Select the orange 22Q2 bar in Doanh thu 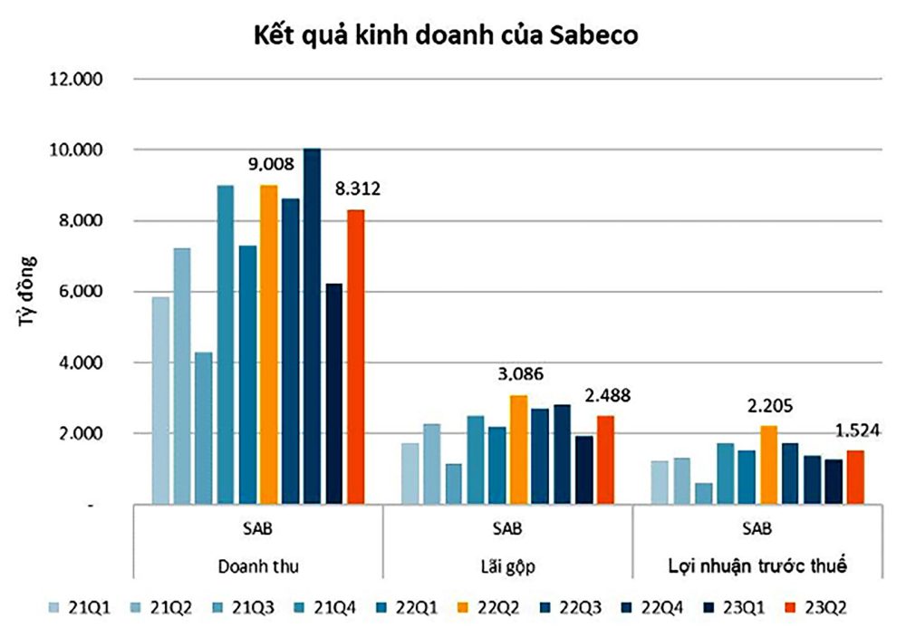pyautogui.click(x=269, y=344)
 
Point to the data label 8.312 pyautogui.click(x=356, y=189)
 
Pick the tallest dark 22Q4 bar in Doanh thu pyautogui.click(x=313, y=326)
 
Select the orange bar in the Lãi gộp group pyautogui.click(x=518, y=449)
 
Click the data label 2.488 pyautogui.click(x=605, y=396)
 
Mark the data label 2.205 pyautogui.click(x=767, y=406)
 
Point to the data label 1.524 pyautogui.click(x=854, y=430)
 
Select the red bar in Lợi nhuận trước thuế pyautogui.click(x=854, y=477)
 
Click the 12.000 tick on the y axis pyautogui.click(x=78, y=80)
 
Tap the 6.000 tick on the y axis pyautogui.click(x=82, y=292)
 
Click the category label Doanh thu pyautogui.click(x=258, y=565)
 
